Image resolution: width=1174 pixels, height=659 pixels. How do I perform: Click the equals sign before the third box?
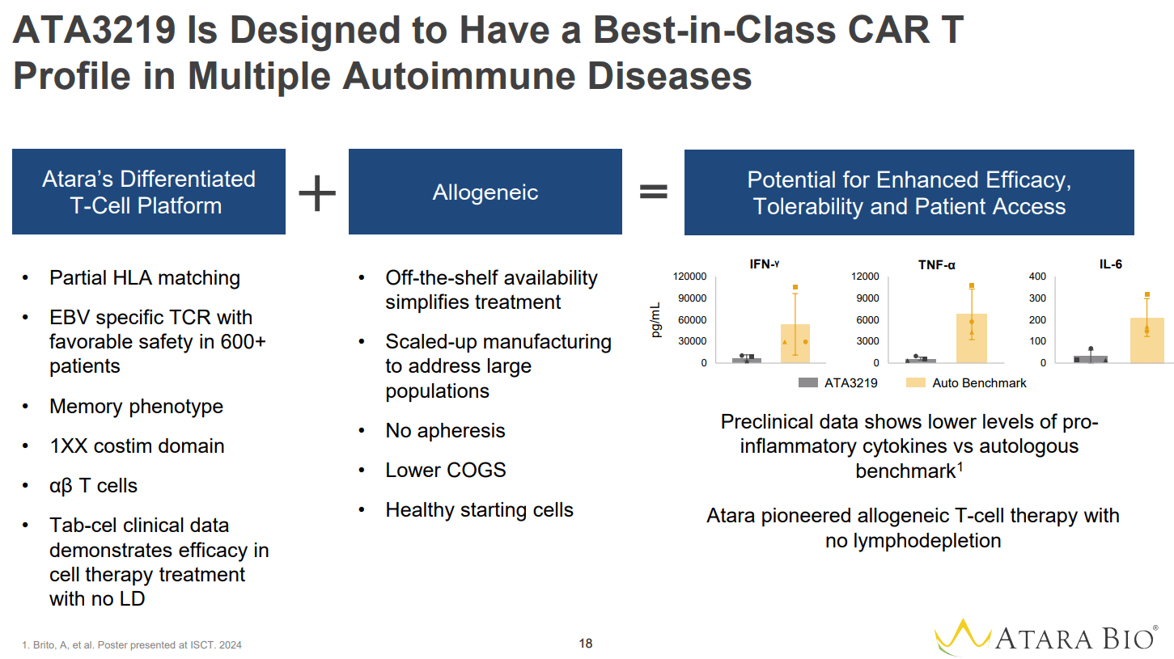(x=654, y=192)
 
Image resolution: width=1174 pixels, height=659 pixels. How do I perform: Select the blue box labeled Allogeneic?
(x=485, y=192)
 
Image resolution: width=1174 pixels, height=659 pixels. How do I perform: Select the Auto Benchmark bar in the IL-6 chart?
(x=1146, y=340)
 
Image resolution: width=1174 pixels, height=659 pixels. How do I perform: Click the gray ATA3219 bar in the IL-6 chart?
(x=1091, y=359)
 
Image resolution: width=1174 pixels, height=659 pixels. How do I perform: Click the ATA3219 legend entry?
(x=837, y=382)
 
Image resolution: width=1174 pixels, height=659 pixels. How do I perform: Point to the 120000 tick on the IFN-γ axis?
(x=690, y=277)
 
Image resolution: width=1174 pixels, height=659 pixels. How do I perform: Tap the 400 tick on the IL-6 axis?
(x=1037, y=277)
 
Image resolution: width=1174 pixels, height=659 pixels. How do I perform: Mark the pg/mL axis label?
(x=656, y=320)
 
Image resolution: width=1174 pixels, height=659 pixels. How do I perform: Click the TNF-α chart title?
(x=936, y=264)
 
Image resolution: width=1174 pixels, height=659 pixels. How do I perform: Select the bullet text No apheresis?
(x=445, y=430)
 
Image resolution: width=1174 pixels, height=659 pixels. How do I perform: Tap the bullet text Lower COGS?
(x=445, y=470)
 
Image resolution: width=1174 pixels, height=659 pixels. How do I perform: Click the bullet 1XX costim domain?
(x=137, y=446)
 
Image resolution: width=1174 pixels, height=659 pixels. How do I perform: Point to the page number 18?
(x=586, y=644)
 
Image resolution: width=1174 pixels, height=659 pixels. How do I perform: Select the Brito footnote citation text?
(x=132, y=645)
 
